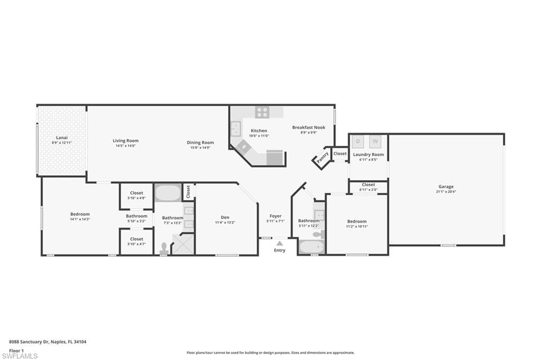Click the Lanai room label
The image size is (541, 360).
(x=61, y=138)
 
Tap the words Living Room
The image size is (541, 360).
(x=125, y=140)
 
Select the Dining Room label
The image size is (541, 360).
(x=200, y=142)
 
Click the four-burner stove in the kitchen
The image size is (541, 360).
(x=262, y=112)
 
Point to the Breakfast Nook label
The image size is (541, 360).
(x=309, y=127)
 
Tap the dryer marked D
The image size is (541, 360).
(x=358, y=141)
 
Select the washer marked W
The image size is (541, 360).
(x=375, y=141)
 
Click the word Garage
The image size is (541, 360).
(x=445, y=186)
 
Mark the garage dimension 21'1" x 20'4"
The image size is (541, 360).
(x=445, y=192)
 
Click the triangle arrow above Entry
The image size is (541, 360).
(x=279, y=243)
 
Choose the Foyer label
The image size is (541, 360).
(x=275, y=216)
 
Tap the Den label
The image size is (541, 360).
(x=225, y=217)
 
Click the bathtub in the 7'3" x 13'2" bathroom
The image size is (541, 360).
(x=168, y=193)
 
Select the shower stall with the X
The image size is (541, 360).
(x=183, y=244)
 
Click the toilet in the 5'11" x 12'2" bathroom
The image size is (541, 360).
(x=316, y=234)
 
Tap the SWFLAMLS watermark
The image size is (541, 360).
(x=21, y=356)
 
